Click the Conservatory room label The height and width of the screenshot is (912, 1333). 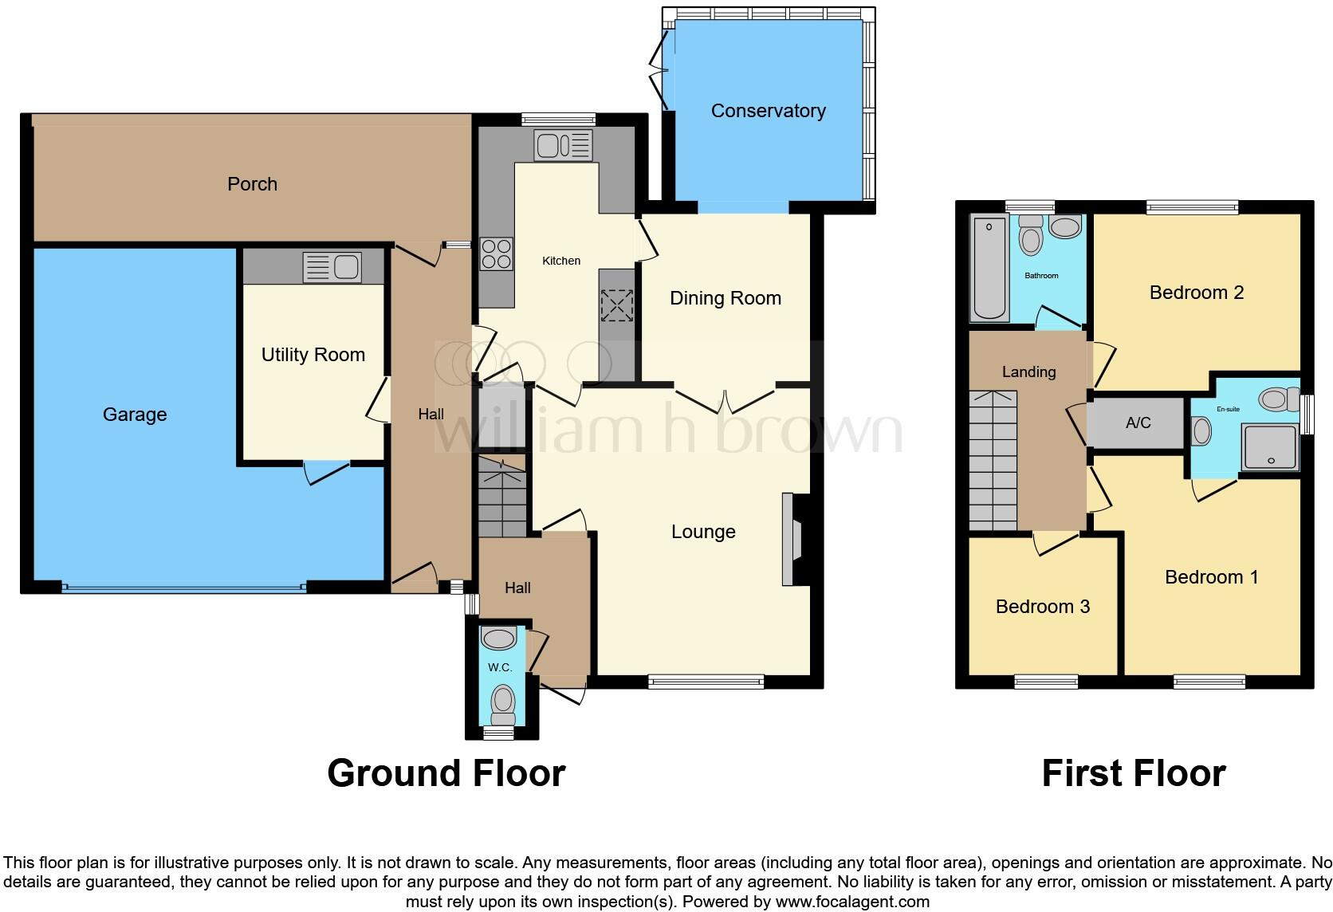pos(768,111)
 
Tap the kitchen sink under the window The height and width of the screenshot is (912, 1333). pos(564,145)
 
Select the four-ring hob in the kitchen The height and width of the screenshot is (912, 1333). pos(496,254)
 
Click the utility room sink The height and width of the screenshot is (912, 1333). pos(332,267)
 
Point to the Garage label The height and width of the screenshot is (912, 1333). pos(135,414)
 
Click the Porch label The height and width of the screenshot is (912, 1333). pos(252,184)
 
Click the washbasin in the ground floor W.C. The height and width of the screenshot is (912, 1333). pos(500,638)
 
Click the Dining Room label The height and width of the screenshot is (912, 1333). pos(725,298)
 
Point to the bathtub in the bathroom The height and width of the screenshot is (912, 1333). pos(989,269)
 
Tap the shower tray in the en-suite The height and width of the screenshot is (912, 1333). pos(1270,447)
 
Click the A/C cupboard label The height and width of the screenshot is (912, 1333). pos(1138,423)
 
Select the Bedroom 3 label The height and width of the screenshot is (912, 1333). pos(1042,607)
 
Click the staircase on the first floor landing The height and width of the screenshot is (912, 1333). pos(993,461)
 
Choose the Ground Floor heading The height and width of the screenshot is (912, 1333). pos(446,773)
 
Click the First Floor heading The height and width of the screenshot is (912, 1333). pos(1133,773)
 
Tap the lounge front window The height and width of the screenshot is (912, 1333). pos(706,682)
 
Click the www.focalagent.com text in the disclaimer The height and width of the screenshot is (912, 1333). pos(852,902)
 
